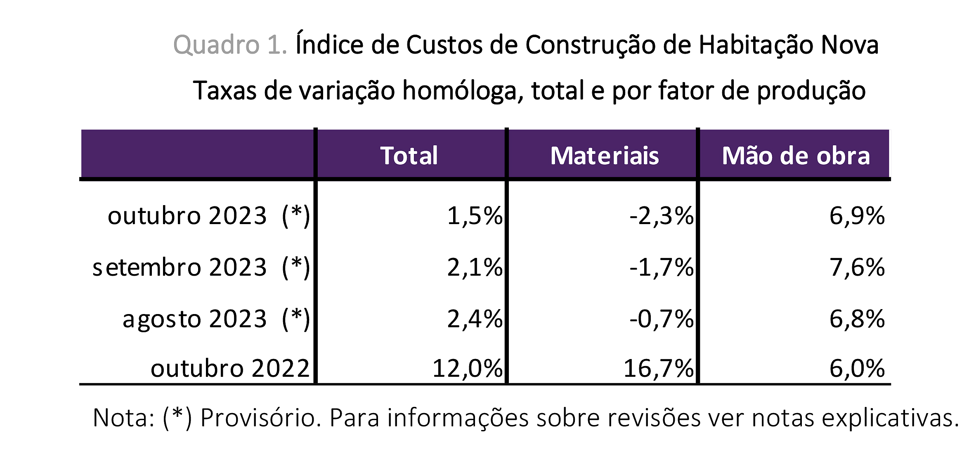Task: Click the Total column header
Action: pyautogui.click(x=409, y=156)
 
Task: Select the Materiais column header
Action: pyautogui.click(x=605, y=156)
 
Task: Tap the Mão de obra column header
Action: pyautogui.click(x=796, y=156)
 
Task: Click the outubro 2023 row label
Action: pyautogui.click(x=208, y=216)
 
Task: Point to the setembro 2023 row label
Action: pyautogui.click(x=201, y=267)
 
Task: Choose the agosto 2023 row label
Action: pyautogui.click(x=216, y=319)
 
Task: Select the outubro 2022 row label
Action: pyautogui.click(x=230, y=368)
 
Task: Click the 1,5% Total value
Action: pyautogui.click(x=475, y=216)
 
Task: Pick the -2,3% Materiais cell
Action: pyautogui.click(x=662, y=216)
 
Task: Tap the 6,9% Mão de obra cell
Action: pyautogui.click(x=857, y=216)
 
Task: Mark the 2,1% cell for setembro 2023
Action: pyautogui.click(x=475, y=267)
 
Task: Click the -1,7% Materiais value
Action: pyautogui.click(x=662, y=267)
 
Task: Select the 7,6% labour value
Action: pyautogui.click(x=857, y=267)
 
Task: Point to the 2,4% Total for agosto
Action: pyautogui.click(x=475, y=319)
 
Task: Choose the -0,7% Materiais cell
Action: pyautogui.click(x=662, y=319)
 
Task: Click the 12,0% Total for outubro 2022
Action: pyautogui.click(x=468, y=368)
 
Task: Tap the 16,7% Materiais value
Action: pyautogui.click(x=659, y=368)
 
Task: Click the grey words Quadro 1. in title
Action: pyautogui.click(x=230, y=45)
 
